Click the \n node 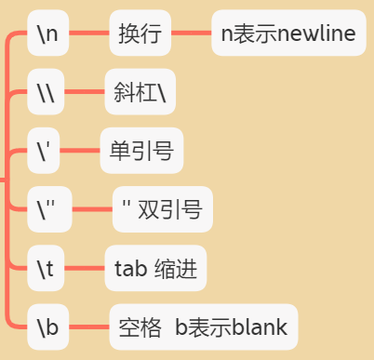pos(47,34)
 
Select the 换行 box pos(140,34)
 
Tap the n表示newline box pos(287,34)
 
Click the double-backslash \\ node pos(47,92)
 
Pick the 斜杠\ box pos(140,92)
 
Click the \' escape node pos(45,151)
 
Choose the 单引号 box pos(141,151)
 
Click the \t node pos(47,270)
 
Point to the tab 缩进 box pos(154,270)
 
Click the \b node pos(47,327)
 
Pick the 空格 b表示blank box pos(203,327)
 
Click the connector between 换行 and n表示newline pos(192,34)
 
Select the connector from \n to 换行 pos(89,34)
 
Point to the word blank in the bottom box pos(260,327)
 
